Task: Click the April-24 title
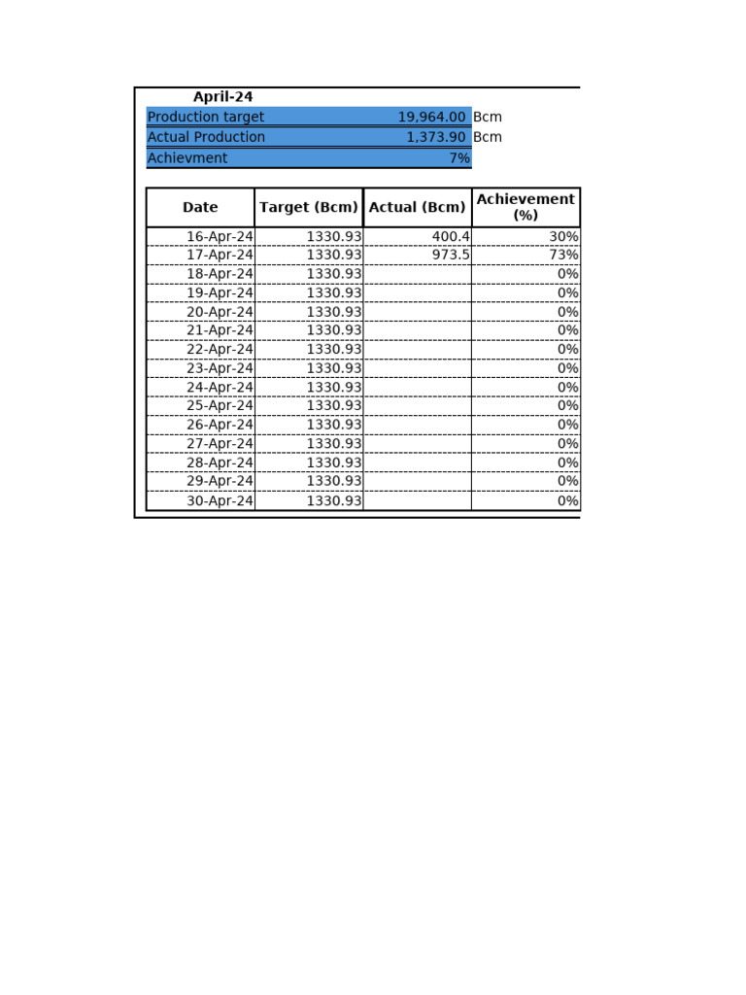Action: pos(222,97)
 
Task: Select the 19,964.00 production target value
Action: pos(431,118)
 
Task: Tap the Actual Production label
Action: pos(206,138)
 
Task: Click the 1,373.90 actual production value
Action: pos(435,138)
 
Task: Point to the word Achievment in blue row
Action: pos(187,158)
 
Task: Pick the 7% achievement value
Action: pos(458,158)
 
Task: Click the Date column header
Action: pos(200,207)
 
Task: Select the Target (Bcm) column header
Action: pos(309,207)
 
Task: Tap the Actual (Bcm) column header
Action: pos(418,207)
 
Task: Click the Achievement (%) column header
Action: pos(526,207)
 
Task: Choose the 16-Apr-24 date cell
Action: pos(220,237)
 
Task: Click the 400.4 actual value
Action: pos(451,237)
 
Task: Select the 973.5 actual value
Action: pos(451,256)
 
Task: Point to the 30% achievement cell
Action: pos(563,237)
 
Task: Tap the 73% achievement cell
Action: pos(563,256)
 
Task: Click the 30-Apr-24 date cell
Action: pos(220,501)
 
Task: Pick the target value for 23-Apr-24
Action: pos(334,368)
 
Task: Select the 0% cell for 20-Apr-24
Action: pos(567,312)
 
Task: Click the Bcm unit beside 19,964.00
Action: pos(488,118)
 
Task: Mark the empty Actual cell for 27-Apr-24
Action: pos(418,444)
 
